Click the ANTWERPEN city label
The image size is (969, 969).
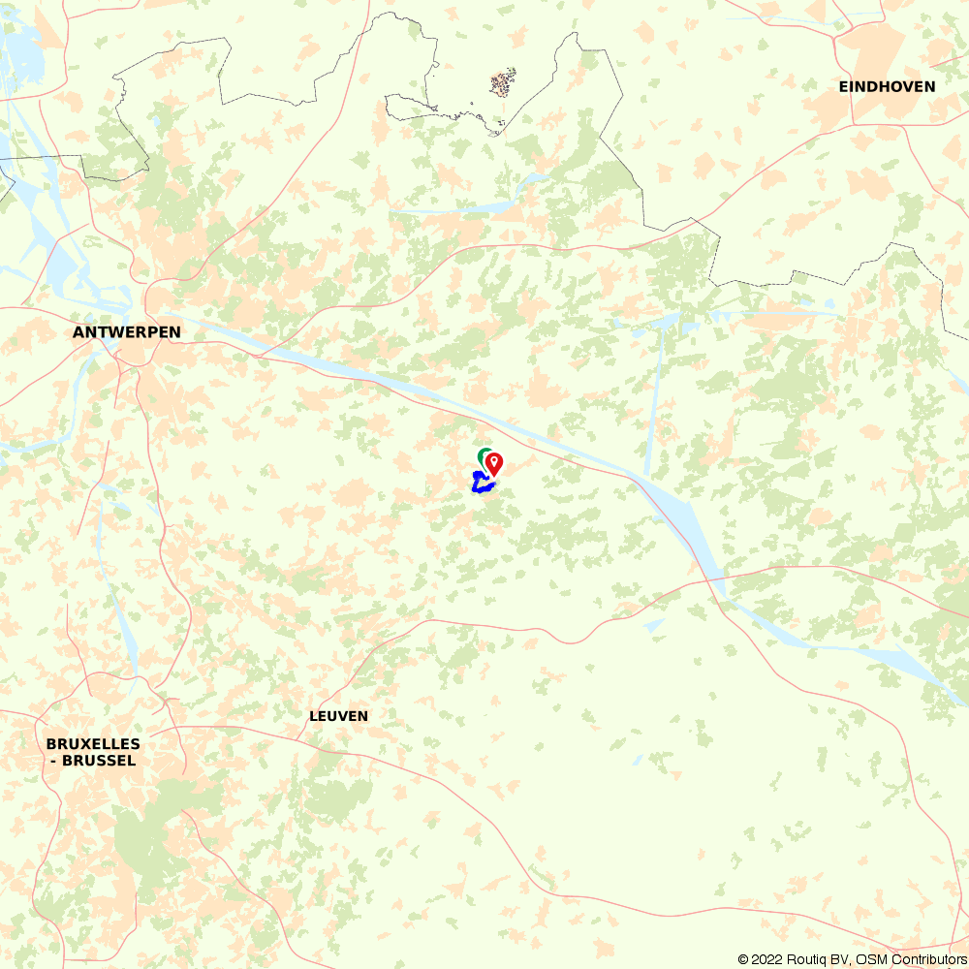click(x=126, y=332)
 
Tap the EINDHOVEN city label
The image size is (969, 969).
click(x=887, y=86)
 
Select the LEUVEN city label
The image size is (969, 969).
click(x=338, y=716)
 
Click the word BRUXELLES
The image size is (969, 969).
click(x=93, y=744)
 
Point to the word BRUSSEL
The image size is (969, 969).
click(x=98, y=761)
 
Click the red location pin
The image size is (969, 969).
click(x=493, y=464)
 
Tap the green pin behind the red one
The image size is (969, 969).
click(x=483, y=455)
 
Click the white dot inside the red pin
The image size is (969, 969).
click(x=493, y=460)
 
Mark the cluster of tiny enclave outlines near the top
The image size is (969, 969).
click(x=502, y=82)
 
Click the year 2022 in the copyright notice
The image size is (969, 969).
click(x=770, y=959)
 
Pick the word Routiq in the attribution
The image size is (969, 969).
click(x=812, y=959)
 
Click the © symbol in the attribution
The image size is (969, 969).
click(x=743, y=959)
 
